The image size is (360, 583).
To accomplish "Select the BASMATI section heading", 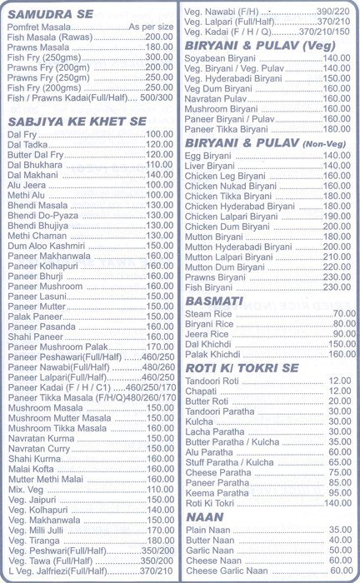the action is [215, 298].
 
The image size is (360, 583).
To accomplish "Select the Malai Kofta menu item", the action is [32, 468].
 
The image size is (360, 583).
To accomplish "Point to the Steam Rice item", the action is [209, 312].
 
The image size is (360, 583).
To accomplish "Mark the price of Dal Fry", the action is [159, 134].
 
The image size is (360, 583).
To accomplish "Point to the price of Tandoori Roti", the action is [339, 381].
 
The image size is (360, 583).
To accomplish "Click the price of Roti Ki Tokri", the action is [337, 503].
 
